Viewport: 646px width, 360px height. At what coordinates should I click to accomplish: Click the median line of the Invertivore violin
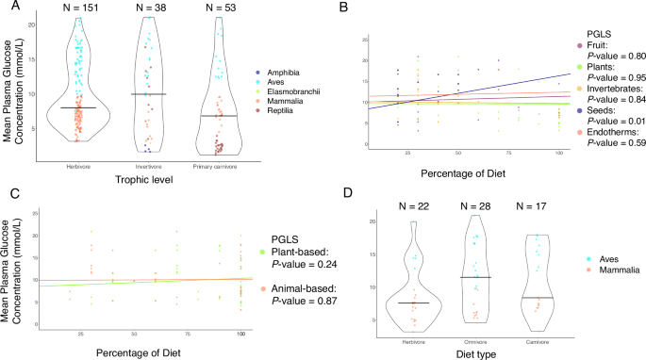click(x=151, y=94)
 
